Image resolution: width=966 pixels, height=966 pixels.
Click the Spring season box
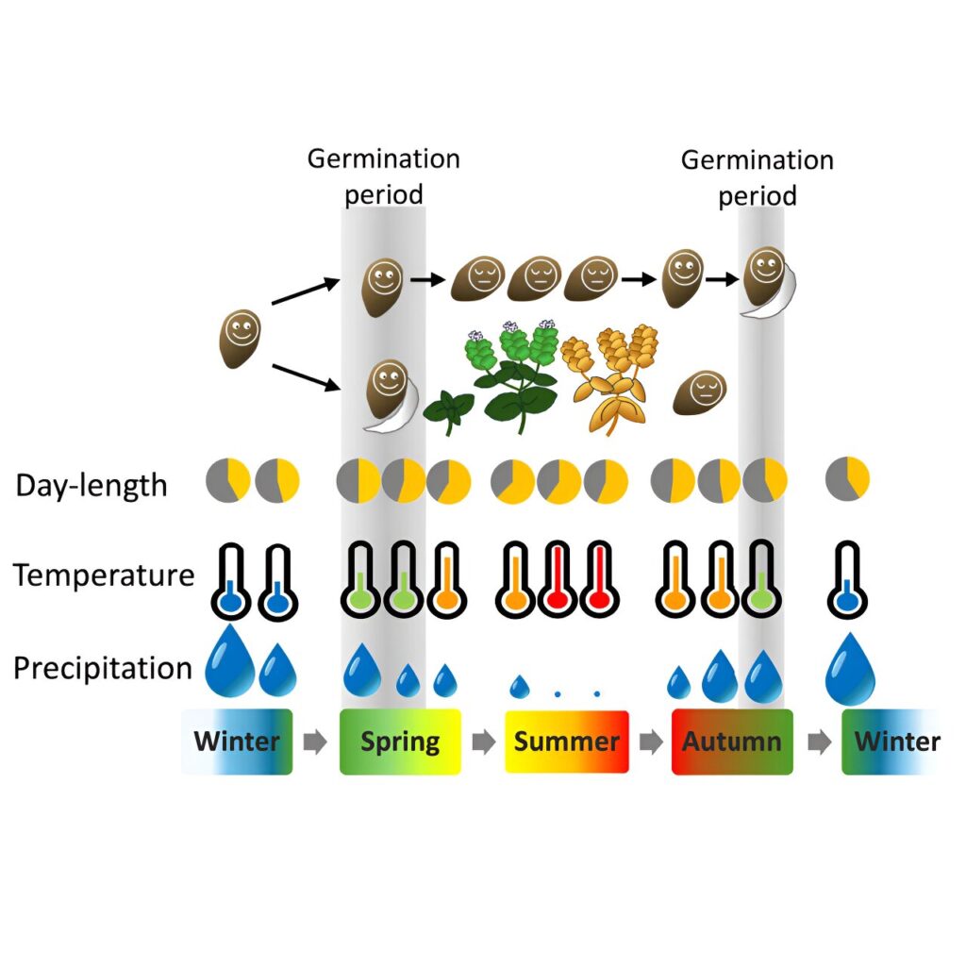click(x=400, y=741)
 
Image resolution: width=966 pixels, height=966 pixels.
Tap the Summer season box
click(x=567, y=741)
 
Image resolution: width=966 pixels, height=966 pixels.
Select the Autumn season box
click(x=732, y=741)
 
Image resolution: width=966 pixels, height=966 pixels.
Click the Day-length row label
click(x=92, y=486)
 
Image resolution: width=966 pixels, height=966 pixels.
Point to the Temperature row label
click(x=104, y=575)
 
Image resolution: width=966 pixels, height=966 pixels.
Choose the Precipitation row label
click(x=103, y=669)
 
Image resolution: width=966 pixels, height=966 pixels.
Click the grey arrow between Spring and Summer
click(x=484, y=741)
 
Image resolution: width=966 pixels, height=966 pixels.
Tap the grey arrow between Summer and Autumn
click(x=651, y=741)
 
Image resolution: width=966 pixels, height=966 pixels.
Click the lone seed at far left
click(x=241, y=339)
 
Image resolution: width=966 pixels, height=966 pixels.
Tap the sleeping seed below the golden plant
click(x=700, y=392)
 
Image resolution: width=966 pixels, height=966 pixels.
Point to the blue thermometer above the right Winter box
click(x=848, y=580)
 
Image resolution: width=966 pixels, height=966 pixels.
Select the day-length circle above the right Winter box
click(x=848, y=478)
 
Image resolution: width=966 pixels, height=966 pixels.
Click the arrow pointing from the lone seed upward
click(x=306, y=291)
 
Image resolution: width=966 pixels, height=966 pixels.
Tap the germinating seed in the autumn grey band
click(x=769, y=282)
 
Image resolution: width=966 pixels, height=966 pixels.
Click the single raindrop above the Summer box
click(x=520, y=686)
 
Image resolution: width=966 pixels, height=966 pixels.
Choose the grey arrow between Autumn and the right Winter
click(x=820, y=741)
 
